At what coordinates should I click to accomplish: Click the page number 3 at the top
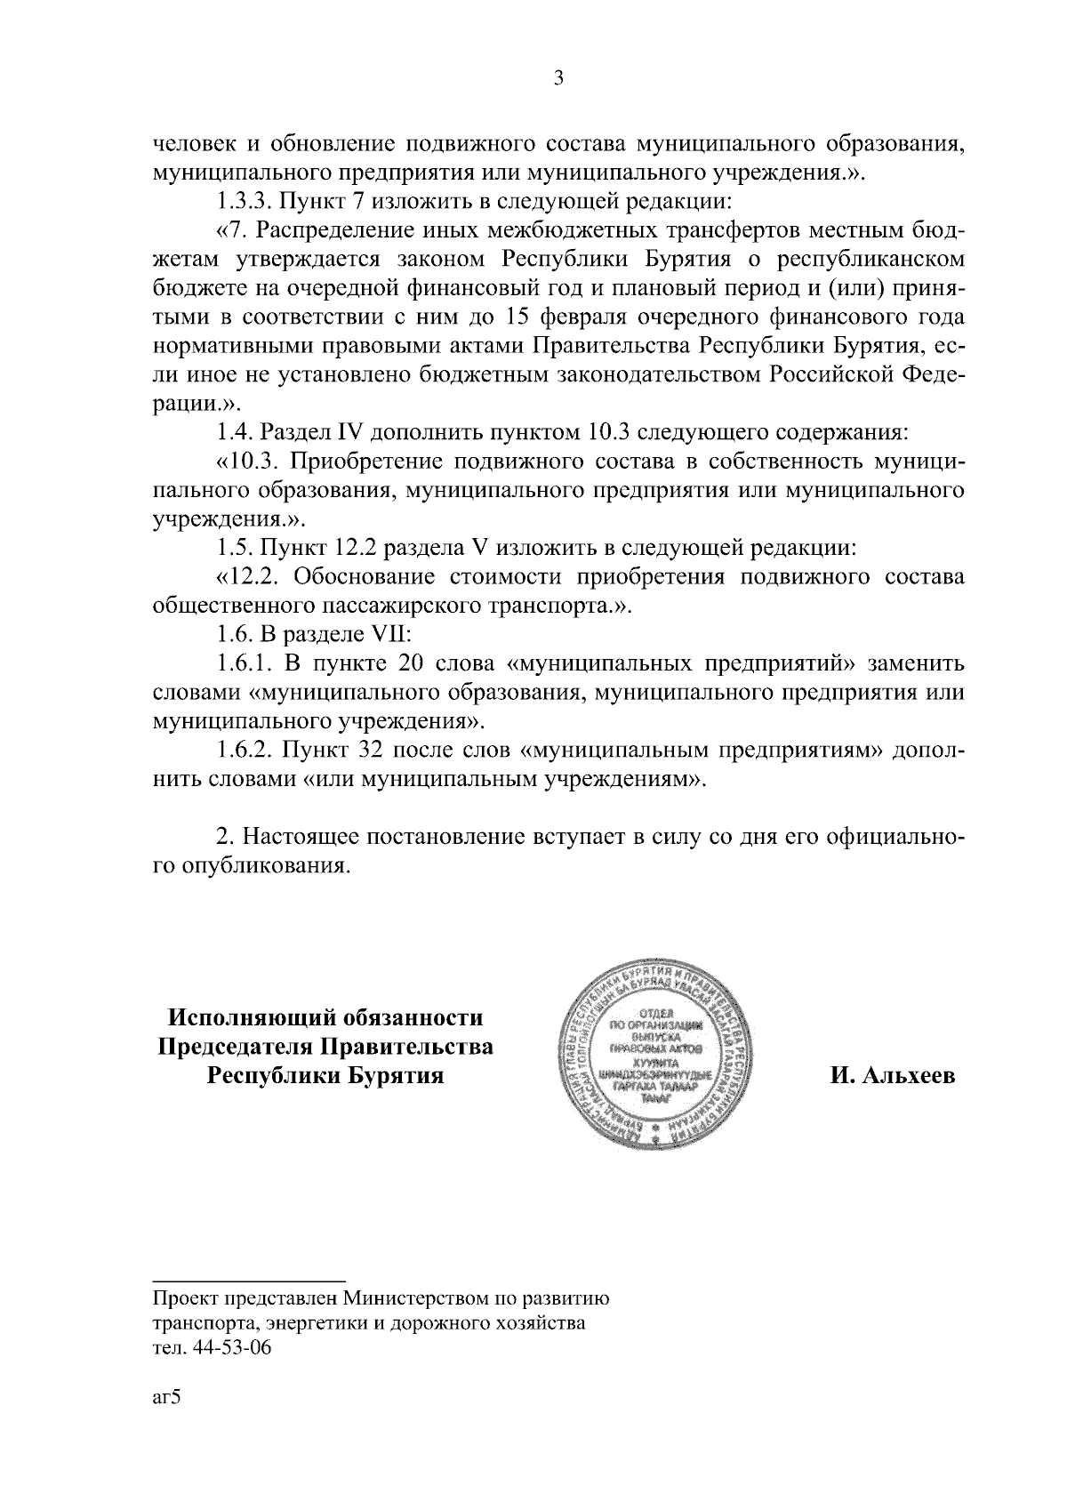point(558,78)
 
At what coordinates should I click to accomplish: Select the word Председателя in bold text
point(233,1046)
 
